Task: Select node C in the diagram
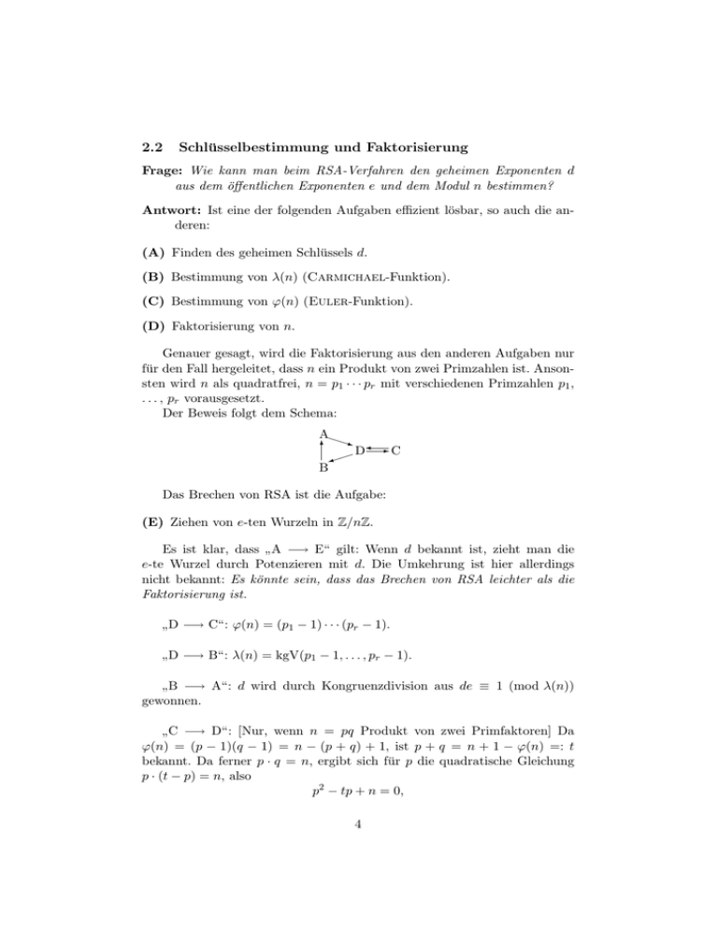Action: pos(396,450)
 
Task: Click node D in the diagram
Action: pos(359,450)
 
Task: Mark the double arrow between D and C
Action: pos(378,450)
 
